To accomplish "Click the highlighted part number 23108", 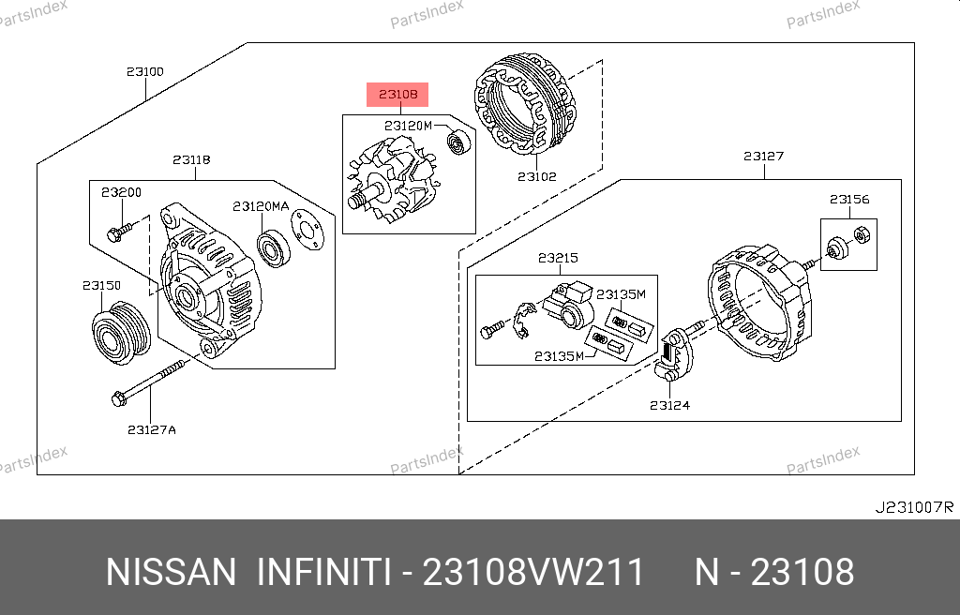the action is point(397,95).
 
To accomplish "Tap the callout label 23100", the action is point(145,71).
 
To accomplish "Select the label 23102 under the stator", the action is point(537,176).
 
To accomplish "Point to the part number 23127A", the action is point(152,429).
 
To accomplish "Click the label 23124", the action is point(669,405).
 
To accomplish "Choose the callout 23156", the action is point(849,199).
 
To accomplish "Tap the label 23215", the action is point(558,258).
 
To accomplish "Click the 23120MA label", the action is point(261,206).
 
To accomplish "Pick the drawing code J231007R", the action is point(914,507).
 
